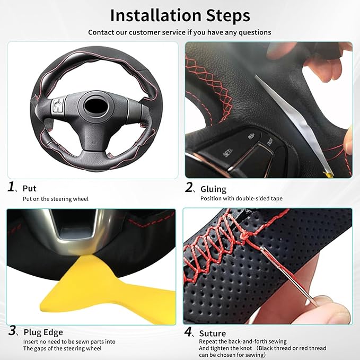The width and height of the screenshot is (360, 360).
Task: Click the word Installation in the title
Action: pos(156,15)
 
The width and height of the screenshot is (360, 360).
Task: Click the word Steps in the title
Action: pos(228,16)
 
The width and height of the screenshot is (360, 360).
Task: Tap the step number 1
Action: pos(11,187)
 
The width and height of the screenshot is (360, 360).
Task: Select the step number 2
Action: pos(189,187)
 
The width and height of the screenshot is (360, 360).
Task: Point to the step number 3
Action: pos(12,331)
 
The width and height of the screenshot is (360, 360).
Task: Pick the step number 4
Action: pos(188,331)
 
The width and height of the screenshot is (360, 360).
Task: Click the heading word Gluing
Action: pos(213,189)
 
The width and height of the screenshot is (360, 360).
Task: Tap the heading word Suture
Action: pos(213,333)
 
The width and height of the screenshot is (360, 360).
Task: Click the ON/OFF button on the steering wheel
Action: pos(270,142)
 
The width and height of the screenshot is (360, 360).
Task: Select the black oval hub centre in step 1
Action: pos(96,106)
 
